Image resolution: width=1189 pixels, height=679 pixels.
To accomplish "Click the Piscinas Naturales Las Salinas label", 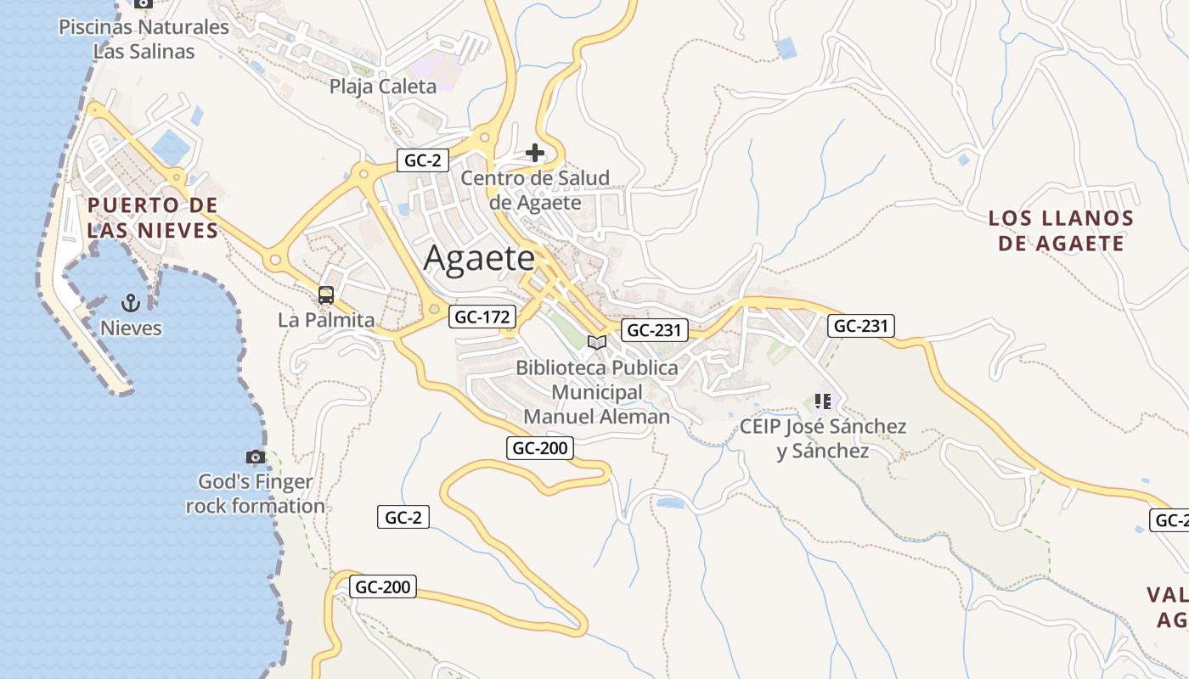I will point(144,39).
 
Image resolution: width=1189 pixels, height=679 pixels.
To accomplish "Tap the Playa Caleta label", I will point(382,86).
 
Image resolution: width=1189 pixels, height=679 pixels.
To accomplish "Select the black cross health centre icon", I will point(535,153).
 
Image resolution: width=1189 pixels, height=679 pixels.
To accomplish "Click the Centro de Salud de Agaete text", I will point(535,190).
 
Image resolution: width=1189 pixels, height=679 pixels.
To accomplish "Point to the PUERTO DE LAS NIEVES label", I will point(153,217).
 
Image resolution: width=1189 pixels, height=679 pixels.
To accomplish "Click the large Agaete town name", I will point(479,258).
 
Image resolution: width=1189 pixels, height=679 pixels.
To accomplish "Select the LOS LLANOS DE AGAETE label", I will point(1061,231).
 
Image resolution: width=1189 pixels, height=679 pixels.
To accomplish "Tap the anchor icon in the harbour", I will point(131,302).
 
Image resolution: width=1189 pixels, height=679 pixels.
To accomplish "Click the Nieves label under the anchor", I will point(131,328).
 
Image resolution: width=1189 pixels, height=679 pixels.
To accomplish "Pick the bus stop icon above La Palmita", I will point(326,295).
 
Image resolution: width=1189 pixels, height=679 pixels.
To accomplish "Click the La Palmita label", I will point(326,320).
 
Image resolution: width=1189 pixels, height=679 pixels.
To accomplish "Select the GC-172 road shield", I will point(482,317).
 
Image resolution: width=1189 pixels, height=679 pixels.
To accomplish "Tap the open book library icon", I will point(597,342).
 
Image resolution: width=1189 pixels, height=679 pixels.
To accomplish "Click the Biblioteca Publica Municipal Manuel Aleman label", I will point(597,392).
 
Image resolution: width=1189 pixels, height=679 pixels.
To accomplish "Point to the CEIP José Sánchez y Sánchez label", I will point(823,438).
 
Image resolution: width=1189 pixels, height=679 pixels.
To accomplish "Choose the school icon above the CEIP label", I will point(822,401).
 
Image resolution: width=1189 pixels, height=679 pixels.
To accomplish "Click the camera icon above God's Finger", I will point(256,457).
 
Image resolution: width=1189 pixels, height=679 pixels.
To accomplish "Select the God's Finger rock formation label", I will point(256,494).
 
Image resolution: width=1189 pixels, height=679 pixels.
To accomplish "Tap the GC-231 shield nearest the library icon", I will point(654,330).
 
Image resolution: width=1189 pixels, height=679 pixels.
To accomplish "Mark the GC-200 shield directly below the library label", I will point(540,448).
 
